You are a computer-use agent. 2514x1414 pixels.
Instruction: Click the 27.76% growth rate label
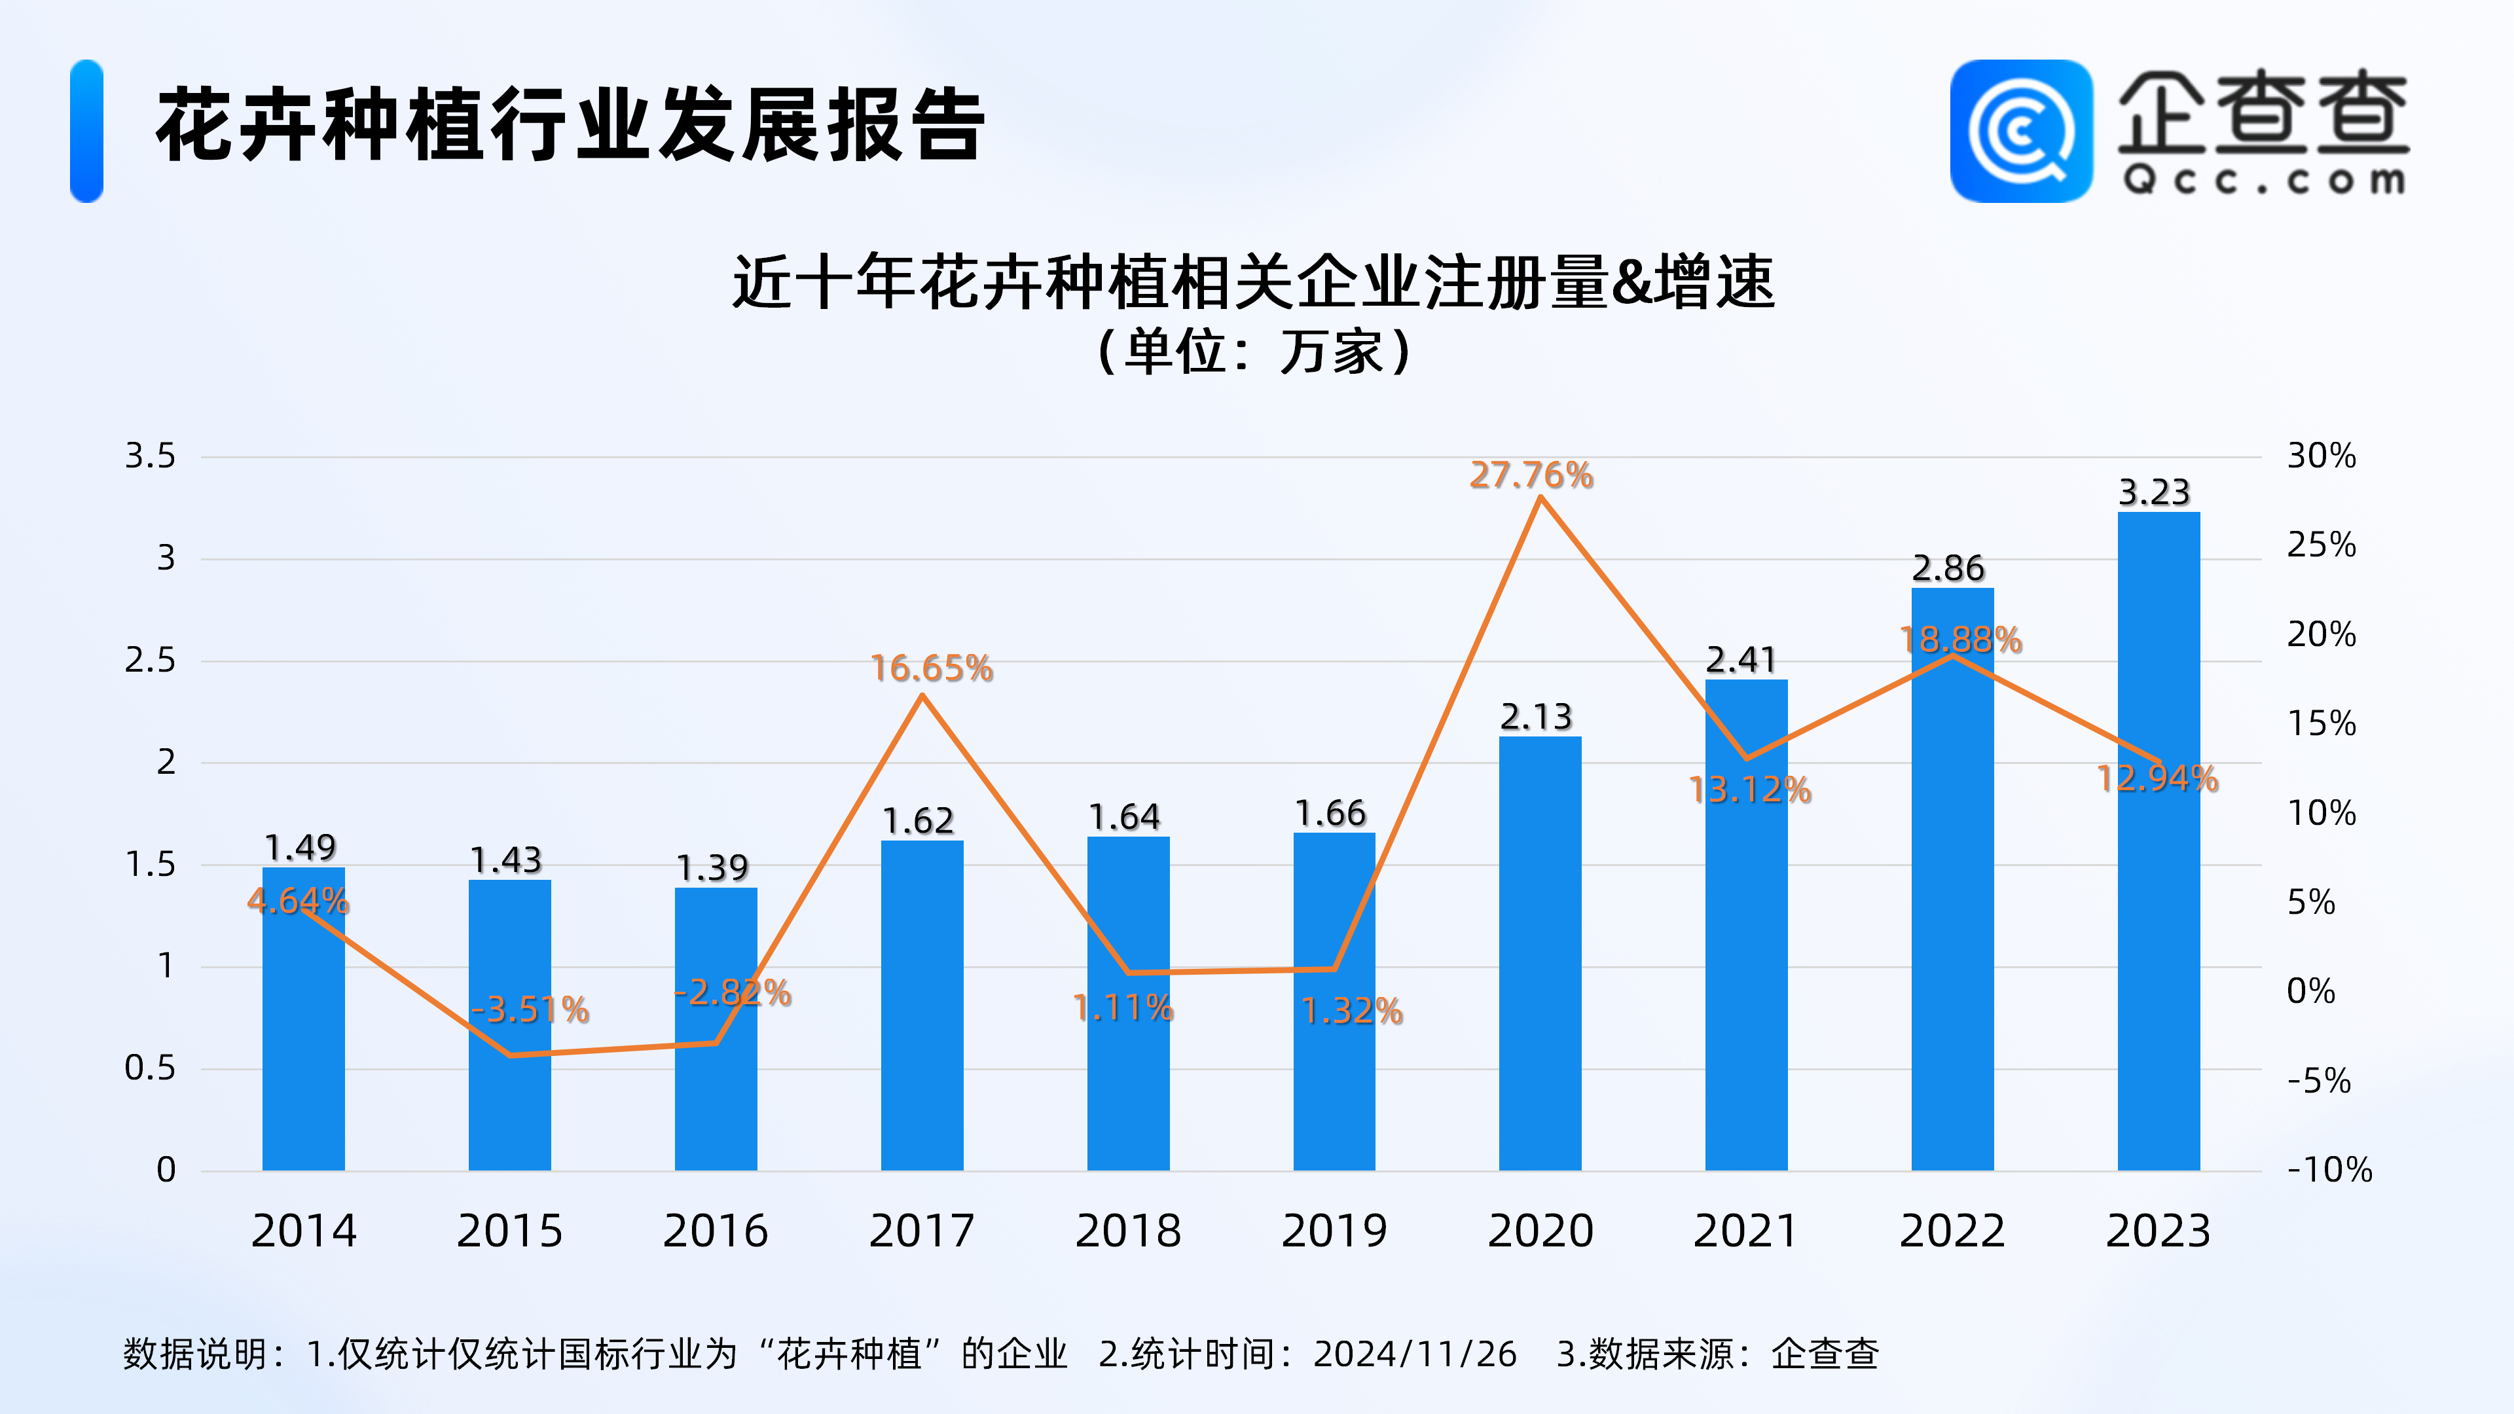point(1531,475)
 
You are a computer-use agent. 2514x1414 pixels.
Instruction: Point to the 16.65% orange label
point(931,668)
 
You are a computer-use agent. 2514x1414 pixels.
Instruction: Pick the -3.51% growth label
point(530,1009)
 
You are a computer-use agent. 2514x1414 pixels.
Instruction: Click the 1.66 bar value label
point(1330,813)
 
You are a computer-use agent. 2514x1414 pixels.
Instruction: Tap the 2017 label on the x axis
point(921,1231)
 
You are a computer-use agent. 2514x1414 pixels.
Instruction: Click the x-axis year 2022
point(1952,1231)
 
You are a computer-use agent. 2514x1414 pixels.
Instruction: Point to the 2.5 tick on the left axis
point(149,661)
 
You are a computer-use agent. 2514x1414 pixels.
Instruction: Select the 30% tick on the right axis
point(2321,456)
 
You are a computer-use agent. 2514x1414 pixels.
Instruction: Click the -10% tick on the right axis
point(2329,1169)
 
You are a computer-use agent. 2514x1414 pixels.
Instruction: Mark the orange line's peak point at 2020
point(1540,498)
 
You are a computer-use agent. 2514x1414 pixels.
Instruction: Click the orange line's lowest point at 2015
point(509,1055)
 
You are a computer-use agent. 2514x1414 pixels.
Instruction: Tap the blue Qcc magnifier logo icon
point(2021,131)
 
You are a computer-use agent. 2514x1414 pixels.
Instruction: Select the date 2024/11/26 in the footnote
point(1415,1354)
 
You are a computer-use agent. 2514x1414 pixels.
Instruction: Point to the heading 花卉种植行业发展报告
point(571,125)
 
